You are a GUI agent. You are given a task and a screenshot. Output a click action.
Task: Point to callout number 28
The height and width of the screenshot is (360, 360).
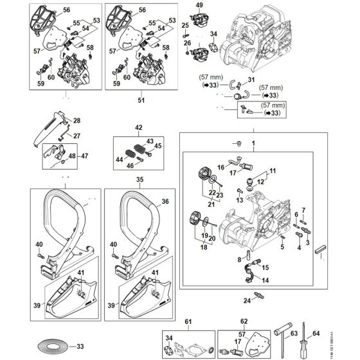(76, 120)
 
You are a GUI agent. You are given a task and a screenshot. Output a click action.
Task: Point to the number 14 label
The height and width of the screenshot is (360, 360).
(265, 280)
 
